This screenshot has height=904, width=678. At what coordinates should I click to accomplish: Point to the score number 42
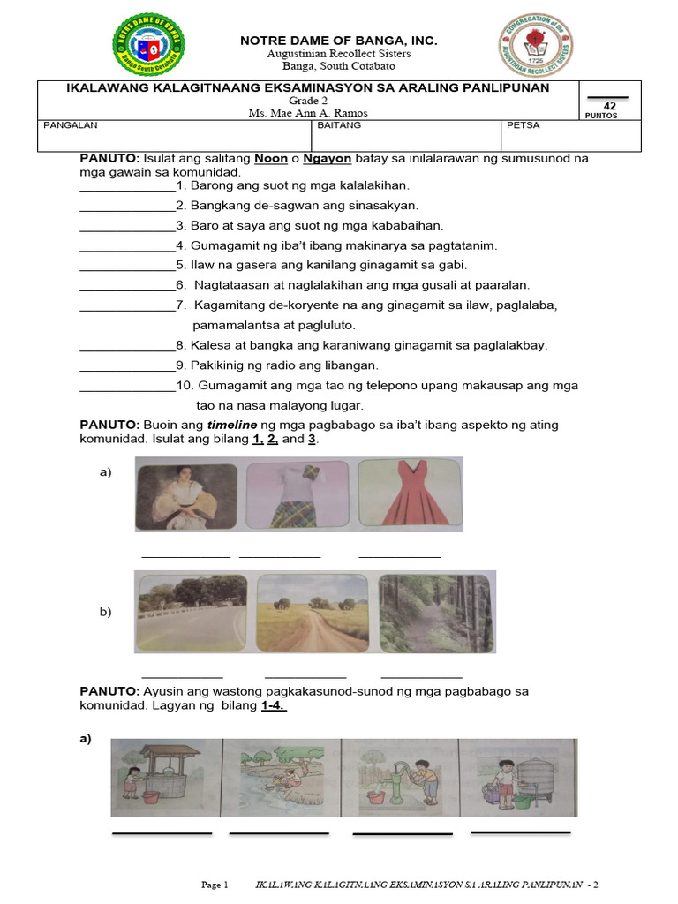pyautogui.click(x=609, y=106)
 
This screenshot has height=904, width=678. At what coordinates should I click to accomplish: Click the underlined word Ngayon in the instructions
pyautogui.click(x=328, y=158)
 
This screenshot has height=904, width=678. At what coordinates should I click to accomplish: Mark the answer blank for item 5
pyautogui.click(x=127, y=265)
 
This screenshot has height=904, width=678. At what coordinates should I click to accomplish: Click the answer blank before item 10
pyautogui.click(x=127, y=386)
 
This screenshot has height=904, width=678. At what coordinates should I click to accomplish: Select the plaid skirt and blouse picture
pyautogui.click(x=296, y=494)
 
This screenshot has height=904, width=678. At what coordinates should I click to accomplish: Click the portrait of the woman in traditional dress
pyautogui.click(x=185, y=494)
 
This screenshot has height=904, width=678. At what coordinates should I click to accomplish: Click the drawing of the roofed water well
pyautogui.click(x=164, y=777)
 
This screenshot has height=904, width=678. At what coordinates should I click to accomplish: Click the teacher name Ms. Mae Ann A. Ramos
pyautogui.click(x=309, y=113)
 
